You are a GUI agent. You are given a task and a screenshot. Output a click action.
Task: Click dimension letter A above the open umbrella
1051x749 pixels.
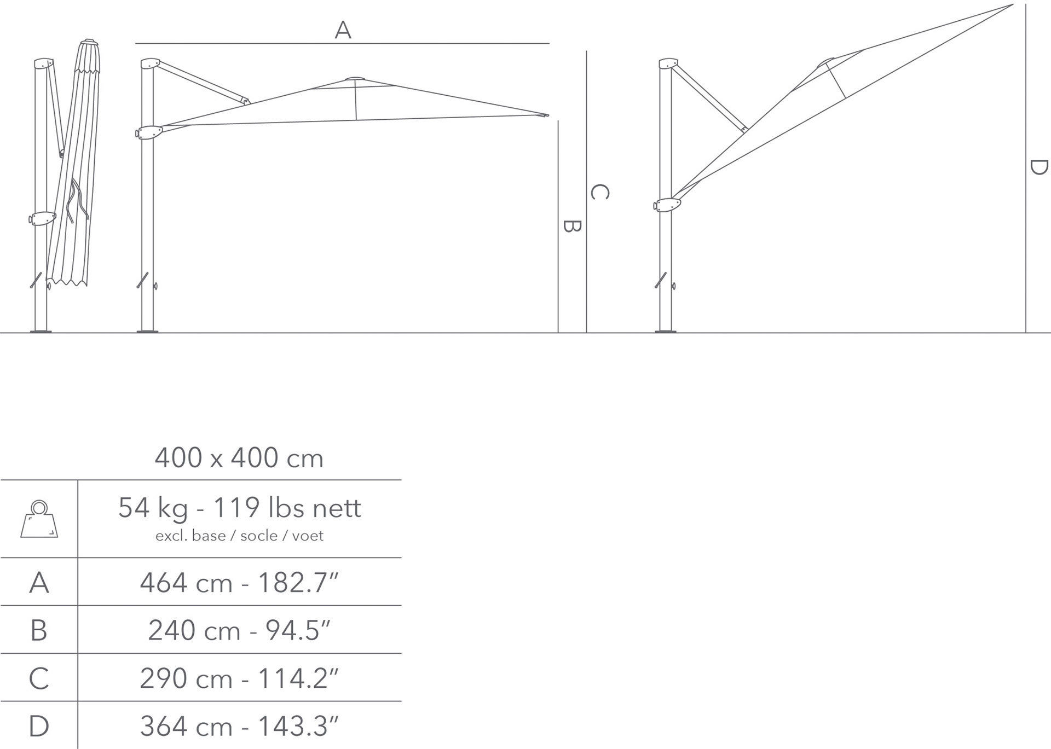pos(343,30)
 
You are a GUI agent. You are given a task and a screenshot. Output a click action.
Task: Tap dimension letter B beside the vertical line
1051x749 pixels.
pos(571,226)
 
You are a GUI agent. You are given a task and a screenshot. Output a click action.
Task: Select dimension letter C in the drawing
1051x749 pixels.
pos(600,192)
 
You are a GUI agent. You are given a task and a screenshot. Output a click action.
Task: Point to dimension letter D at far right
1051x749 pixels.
pos(1038,167)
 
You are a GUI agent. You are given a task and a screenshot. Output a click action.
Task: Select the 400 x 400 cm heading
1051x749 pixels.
pos(239,458)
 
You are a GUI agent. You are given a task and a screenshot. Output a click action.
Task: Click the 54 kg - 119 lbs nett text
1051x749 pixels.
pos(240,508)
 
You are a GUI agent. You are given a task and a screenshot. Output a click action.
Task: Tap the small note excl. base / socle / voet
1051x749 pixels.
pos(239,536)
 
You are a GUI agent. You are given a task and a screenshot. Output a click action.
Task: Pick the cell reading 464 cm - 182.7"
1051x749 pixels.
pos(240,583)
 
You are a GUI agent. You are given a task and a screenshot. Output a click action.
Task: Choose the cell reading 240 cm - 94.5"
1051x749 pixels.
pos(240,630)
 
